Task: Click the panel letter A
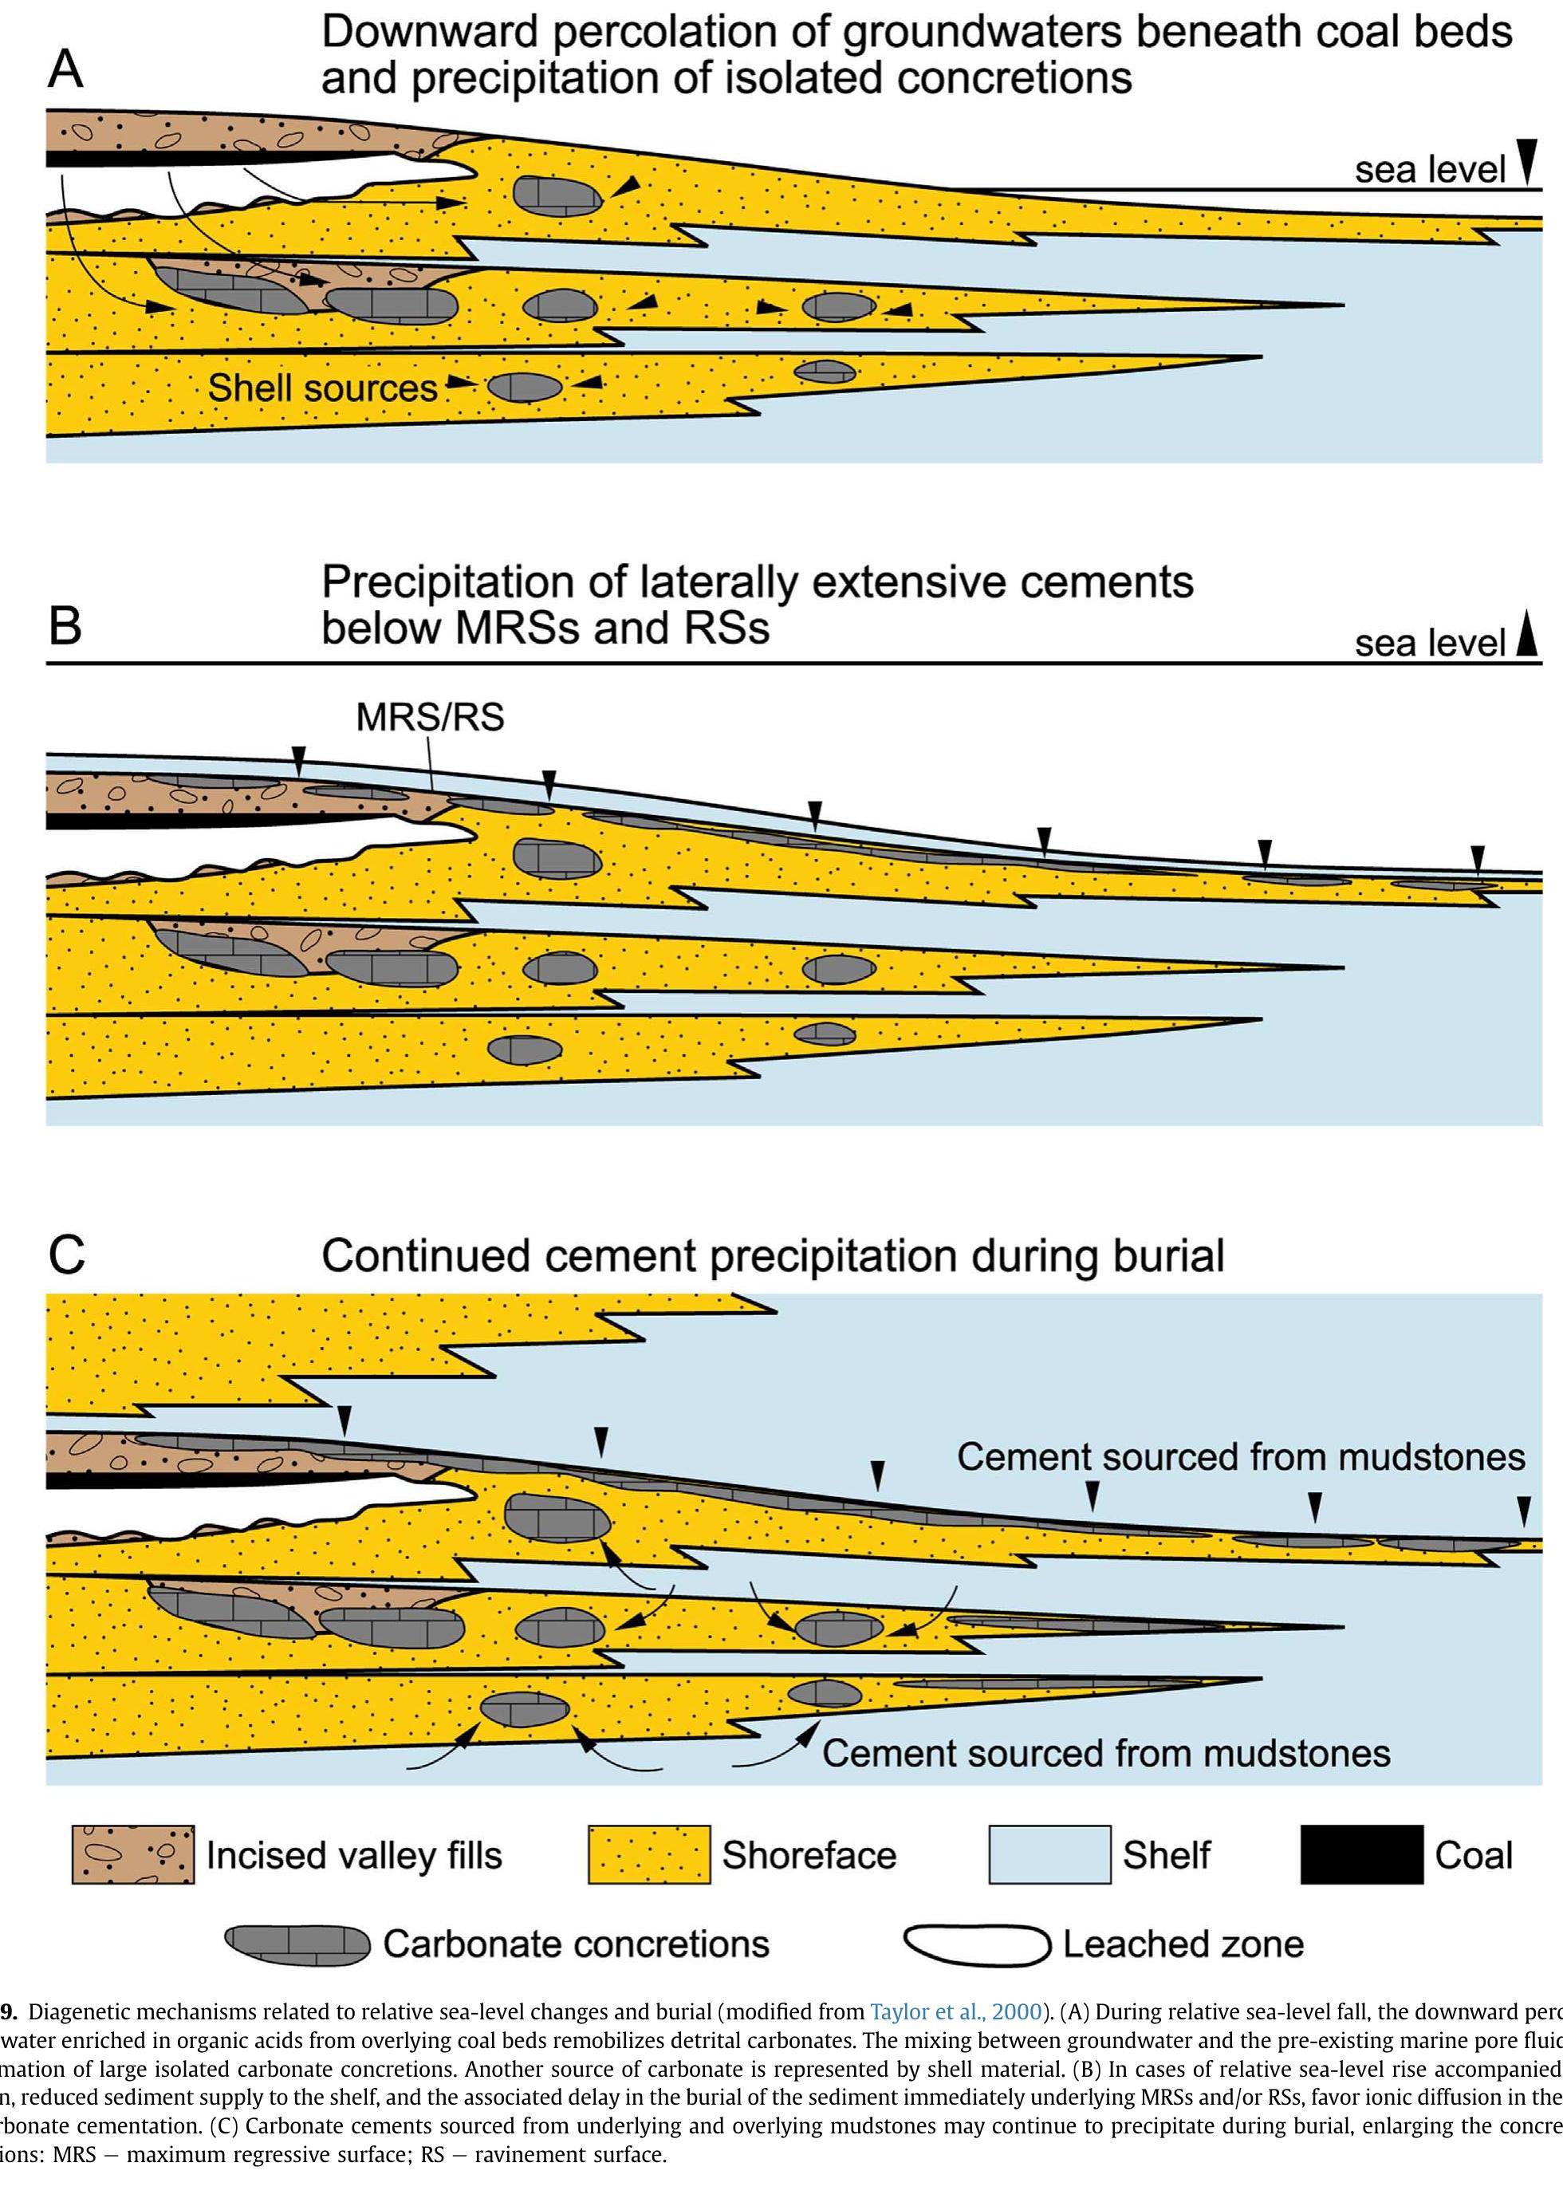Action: [x=65, y=69]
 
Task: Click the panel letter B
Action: [x=65, y=624]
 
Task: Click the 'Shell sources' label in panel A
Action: [x=322, y=388]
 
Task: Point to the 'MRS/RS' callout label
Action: [x=429, y=717]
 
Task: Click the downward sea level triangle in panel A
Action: [x=1526, y=161]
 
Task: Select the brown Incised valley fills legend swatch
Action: [x=133, y=1854]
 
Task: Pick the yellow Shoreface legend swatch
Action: [x=648, y=1854]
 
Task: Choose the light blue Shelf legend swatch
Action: [x=1049, y=1854]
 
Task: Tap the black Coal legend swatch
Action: [x=1361, y=1854]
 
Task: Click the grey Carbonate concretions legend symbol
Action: [x=297, y=1945]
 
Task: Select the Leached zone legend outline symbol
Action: [x=976, y=1945]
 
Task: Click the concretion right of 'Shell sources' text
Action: [x=525, y=387]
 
